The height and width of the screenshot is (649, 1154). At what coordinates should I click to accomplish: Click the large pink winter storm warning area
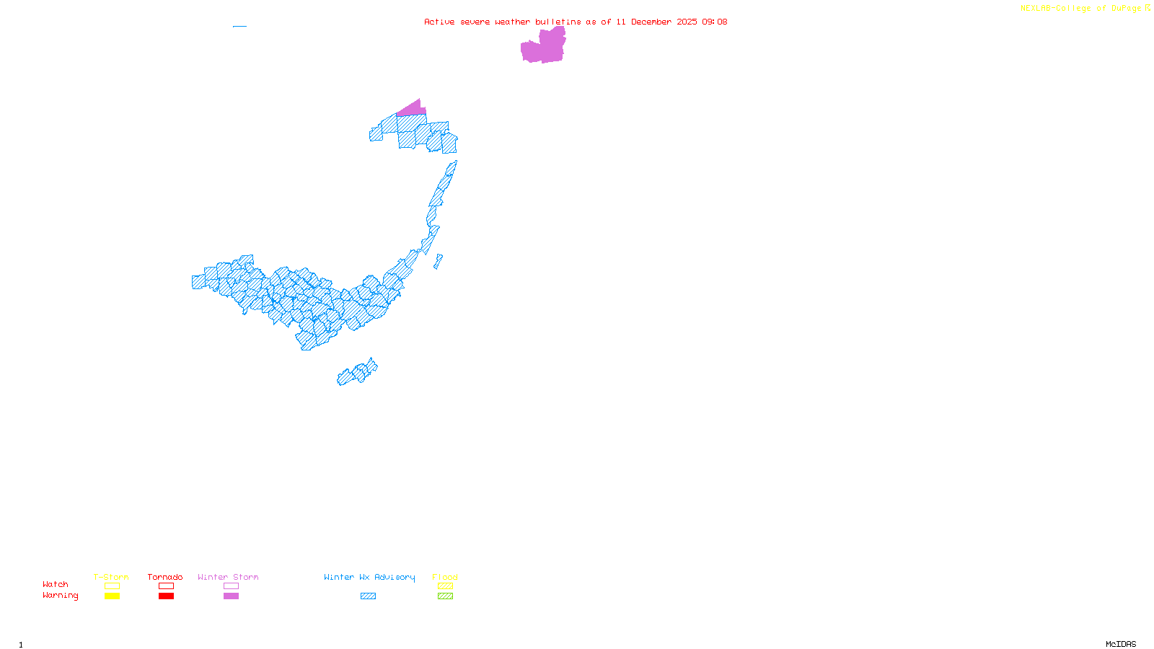click(x=543, y=48)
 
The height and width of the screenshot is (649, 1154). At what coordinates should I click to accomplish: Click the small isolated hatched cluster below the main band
click(x=356, y=374)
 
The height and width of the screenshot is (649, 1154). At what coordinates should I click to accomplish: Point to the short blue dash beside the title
click(x=239, y=27)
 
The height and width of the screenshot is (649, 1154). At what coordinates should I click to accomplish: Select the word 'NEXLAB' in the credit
click(x=1036, y=9)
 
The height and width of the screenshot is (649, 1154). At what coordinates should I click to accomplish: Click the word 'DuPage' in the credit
click(x=1126, y=9)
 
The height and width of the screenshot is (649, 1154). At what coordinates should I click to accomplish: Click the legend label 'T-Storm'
click(x=111, y=577)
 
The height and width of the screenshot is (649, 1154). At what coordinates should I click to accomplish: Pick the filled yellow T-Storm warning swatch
click(x=112, y=596)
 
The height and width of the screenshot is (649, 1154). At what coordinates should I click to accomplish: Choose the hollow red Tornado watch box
click(x=166, y=586)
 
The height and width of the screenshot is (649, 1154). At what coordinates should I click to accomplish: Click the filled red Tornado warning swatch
click(x=166, y=596)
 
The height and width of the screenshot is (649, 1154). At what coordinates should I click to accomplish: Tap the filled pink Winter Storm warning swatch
click(x=231, y=596)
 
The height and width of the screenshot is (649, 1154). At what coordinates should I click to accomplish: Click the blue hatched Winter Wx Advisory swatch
click(x=368, y=596)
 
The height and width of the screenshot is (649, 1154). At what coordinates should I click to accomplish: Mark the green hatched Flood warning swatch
click(x=445, y=596)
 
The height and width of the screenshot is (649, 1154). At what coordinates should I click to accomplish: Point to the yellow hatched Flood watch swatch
click(x=445, y=586)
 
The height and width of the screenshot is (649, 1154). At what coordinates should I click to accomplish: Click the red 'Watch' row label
click(x=56, y=584)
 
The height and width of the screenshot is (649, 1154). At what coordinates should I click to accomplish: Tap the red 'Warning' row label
click(x=61, y=596)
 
